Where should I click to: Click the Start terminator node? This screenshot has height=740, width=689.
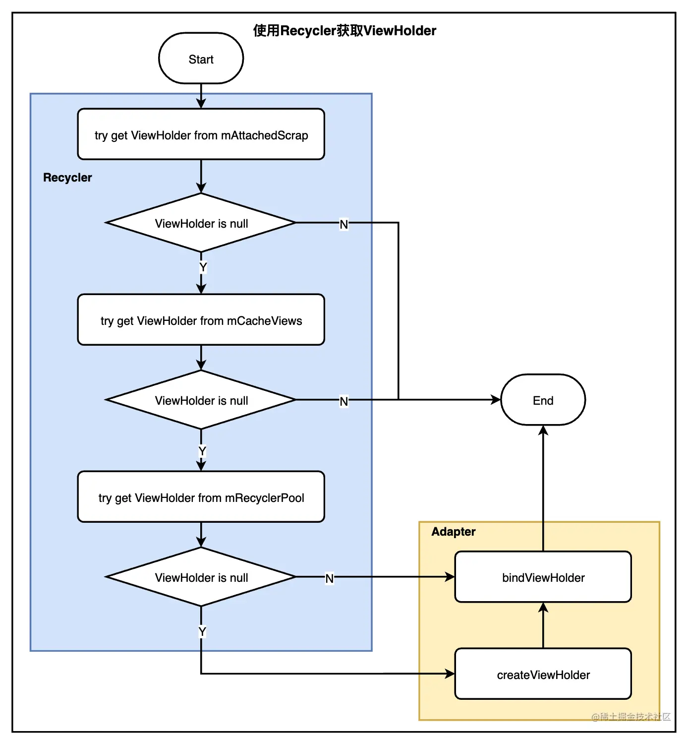tap(201, 58)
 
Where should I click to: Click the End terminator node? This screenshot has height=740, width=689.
tap(543, 399)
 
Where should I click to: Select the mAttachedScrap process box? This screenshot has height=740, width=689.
tap(201, 134)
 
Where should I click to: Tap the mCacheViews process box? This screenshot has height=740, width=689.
tap(201, 320)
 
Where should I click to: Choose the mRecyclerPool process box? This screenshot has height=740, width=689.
tap(201, 496)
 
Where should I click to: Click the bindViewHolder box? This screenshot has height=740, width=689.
tap(543, 576)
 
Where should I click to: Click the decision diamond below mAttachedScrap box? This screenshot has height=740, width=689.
tap(201, 223)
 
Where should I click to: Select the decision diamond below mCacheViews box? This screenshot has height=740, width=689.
tap(201, 399)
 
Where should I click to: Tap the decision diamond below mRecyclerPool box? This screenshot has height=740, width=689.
tap(201, 576)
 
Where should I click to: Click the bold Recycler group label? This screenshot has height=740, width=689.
tap(67, 178)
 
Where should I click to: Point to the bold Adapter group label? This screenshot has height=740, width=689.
tap(453, 531)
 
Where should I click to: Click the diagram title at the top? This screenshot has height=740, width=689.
tap(344, 31)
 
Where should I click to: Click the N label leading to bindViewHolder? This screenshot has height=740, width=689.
tap(329, 578)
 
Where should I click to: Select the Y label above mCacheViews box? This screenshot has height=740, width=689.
tap(203, 267)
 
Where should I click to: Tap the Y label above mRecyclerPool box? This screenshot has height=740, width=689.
tap(202, 451)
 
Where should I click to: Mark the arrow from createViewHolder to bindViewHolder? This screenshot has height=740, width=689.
tap(543, 625)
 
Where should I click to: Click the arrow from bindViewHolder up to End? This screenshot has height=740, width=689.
tap(543, 488)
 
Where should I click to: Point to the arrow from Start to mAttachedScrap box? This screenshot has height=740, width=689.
tap(201, 96)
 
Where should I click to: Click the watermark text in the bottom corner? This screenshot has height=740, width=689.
tap(631, 716)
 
